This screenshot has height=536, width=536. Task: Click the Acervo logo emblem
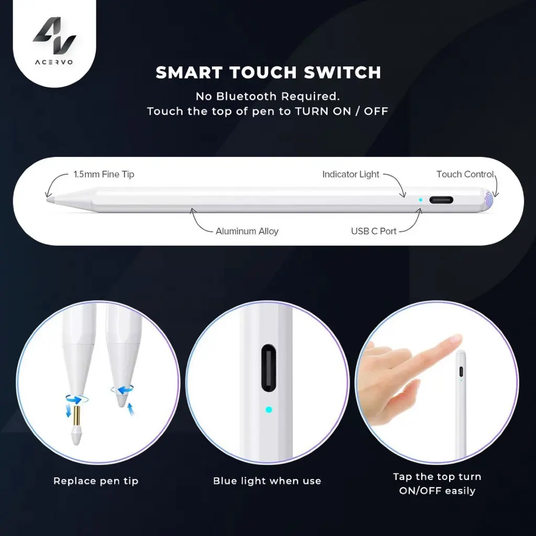point(54,35)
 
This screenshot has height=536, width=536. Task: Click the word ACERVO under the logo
point(54,62)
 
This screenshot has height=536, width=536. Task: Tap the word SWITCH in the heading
point(342,72)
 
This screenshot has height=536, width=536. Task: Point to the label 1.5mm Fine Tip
point(104,174)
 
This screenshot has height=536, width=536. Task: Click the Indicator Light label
point(351,174)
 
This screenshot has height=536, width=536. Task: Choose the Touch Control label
point(465,174)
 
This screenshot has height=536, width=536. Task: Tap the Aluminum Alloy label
point(247,231)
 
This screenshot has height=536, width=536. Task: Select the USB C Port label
point(374,231)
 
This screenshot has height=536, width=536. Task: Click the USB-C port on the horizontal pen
point(441,200)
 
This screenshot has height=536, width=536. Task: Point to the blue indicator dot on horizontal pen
point(420,200)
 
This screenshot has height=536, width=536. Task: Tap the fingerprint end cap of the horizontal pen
point(489,200)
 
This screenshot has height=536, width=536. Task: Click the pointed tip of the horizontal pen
point(47,199)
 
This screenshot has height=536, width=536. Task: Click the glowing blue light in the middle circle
point(269,409)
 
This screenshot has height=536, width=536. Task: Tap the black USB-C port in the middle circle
point(269,368)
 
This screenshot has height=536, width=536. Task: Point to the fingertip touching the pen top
point(456,339)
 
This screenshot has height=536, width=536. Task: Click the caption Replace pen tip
point(96,481)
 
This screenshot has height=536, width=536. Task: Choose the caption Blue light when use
point(267,481)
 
